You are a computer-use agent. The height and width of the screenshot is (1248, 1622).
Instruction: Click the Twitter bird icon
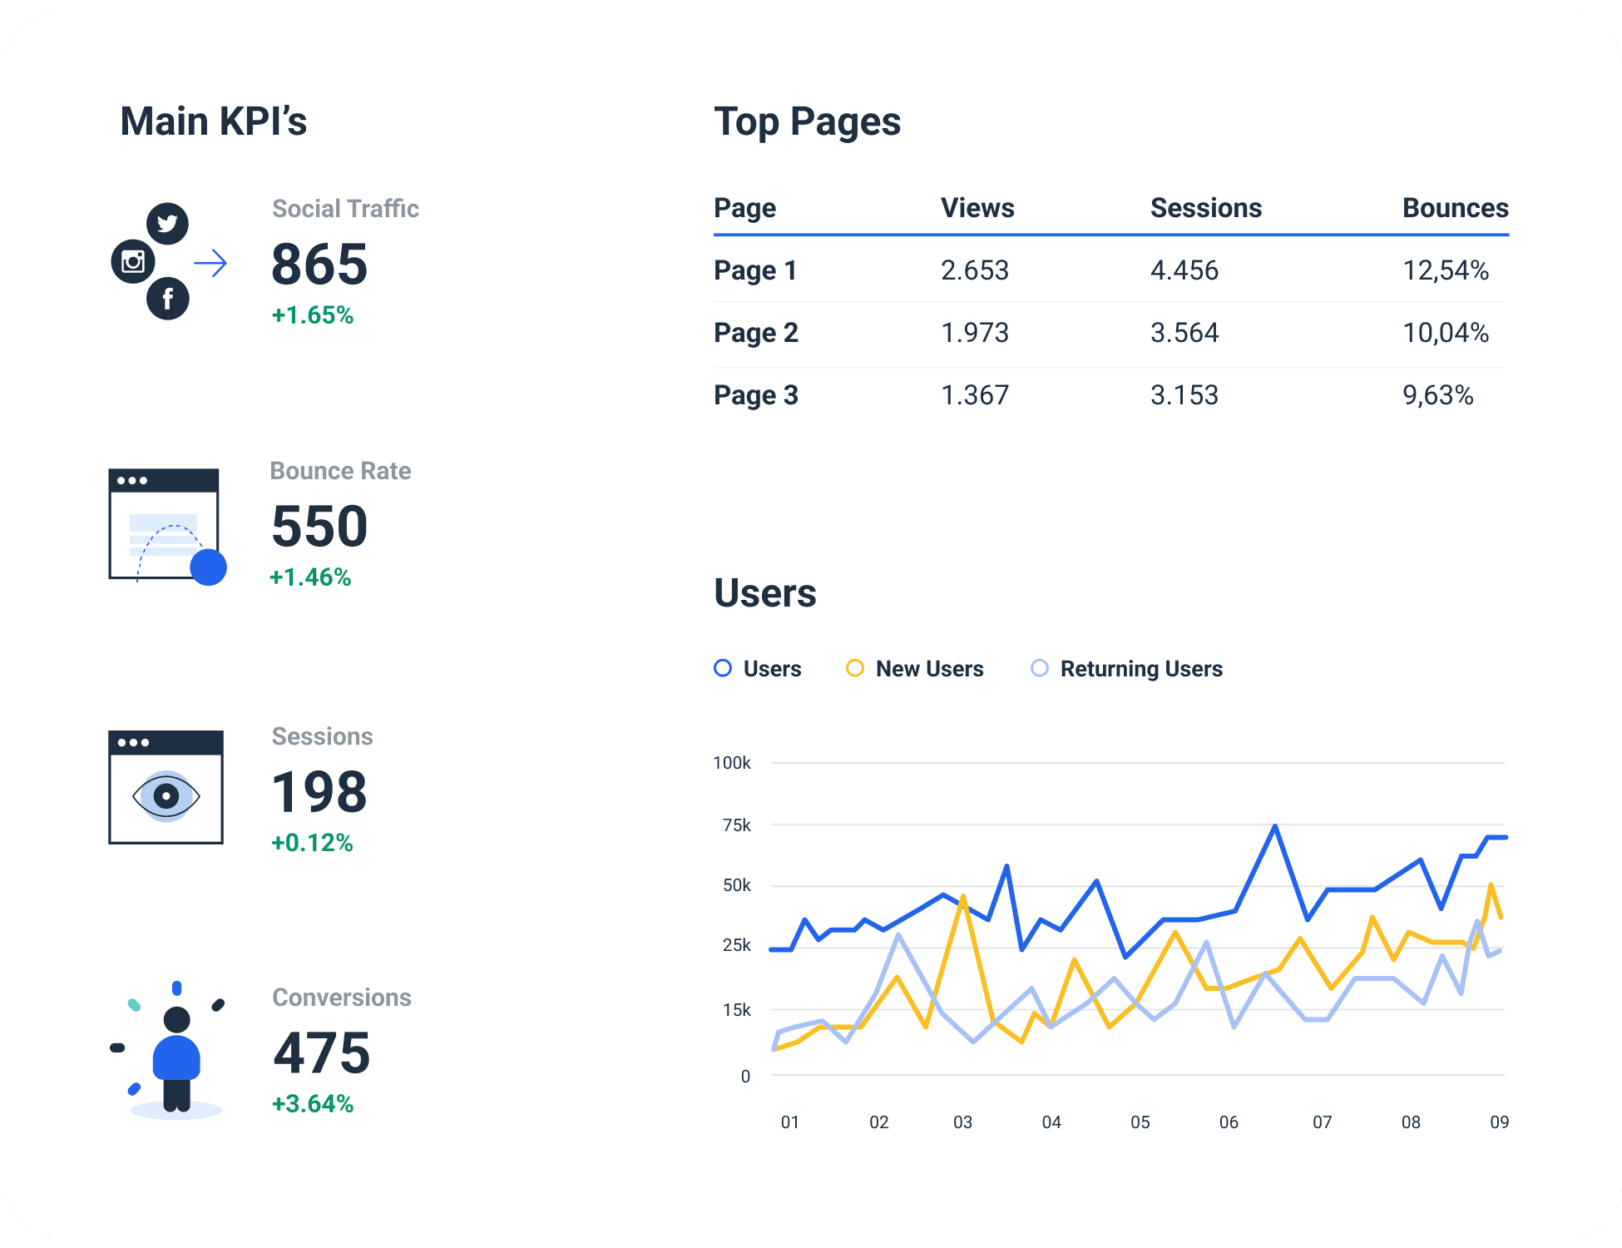point(167,223)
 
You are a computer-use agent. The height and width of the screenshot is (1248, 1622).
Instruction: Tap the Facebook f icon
point(167,299)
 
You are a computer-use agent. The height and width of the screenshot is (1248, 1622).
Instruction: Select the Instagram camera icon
point(133,261)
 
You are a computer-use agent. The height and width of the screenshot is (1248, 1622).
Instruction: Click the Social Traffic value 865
point(319,265)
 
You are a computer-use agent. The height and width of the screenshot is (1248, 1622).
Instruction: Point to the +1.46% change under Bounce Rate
point(310,577)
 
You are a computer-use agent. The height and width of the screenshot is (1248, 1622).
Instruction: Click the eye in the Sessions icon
point(166,796)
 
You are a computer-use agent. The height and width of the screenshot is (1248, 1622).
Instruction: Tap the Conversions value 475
point(321,1053)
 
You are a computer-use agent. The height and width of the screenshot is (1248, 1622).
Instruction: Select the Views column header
point(977,208)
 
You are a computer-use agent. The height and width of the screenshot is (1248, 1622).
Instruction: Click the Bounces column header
point(1455,208)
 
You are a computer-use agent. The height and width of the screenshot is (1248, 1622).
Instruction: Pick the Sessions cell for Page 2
point(1184,333)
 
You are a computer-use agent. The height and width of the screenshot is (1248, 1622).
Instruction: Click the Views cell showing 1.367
point(974,395)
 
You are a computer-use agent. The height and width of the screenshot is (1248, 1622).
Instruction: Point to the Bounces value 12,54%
point(1445,270)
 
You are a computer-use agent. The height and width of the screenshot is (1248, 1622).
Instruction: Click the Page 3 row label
point(755,395)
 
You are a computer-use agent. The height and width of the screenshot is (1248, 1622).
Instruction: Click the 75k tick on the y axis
point(736,825)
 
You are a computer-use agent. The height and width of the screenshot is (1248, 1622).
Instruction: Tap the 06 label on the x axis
point(1229,1122)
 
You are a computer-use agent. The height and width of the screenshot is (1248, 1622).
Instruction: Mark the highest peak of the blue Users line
point(1275,826)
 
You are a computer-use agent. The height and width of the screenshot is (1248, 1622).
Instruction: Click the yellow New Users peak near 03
point(962,897)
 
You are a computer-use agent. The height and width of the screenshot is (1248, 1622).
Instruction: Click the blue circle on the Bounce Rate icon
point(208,567)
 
